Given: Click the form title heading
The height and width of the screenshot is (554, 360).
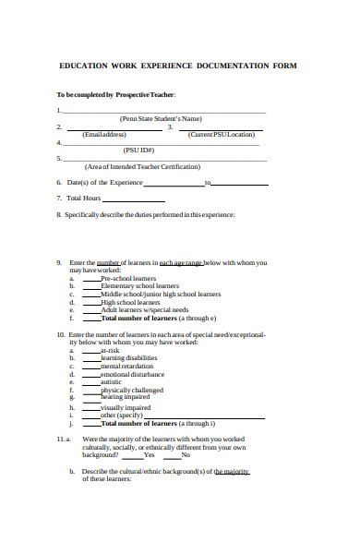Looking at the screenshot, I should click(179, 66).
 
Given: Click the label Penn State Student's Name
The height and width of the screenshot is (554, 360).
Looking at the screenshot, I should click(161, 118).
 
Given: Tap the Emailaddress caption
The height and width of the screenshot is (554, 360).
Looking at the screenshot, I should click(103, 134).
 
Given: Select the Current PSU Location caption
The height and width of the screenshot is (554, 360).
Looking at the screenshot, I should click(221, 134).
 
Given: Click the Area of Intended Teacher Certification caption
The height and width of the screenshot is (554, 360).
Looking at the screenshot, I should click(141, 166).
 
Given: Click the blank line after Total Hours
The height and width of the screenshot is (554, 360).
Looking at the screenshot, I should click(134, 199).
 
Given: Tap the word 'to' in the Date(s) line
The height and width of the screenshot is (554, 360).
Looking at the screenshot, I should click(208, 183).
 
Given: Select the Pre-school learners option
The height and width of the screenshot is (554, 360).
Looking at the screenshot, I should click(128, 277).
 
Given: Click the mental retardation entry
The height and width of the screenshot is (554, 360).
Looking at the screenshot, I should click(127, 366).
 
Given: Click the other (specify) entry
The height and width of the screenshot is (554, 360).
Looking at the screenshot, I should click(122, 414).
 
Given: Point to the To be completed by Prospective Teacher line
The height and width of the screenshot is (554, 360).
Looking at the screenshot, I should click(115, 94).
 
